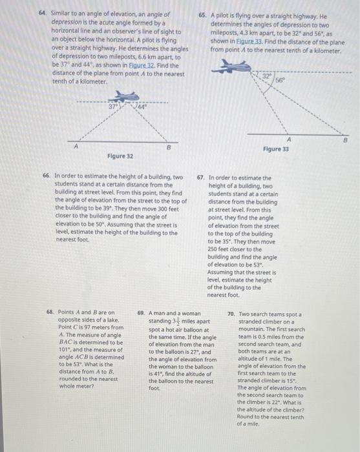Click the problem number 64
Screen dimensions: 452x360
tap(43, 13)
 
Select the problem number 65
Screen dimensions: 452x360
tap(202, 13)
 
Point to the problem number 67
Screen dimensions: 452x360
tap(202, 176)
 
